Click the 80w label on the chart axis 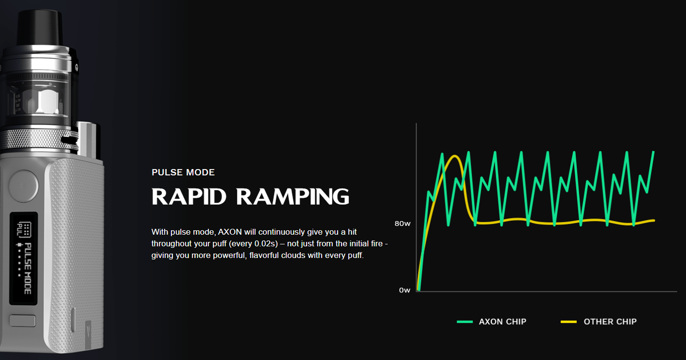pyautogui.click(x=402, y=223)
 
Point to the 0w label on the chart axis pyautogui.click(x=405, y=290)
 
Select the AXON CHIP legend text pyautogui.click(x=502, y=322)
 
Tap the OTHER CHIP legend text pyautogui.click(x=610, y=322)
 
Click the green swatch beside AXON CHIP pyautogui.click(x=464, y=322)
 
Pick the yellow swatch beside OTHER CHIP pyautogui.click(x=569, y=322)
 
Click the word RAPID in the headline pyautogui.click(x=189, y=197)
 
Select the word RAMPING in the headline pyautogui.click(x=293, y=197)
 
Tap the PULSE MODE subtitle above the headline pyautogui.click(x=183, y=172)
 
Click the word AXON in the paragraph pyautogui.click(x=230, y=232)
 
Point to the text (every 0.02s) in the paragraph pyautogui.click(x=253, y=244)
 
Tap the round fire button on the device pyautogui.click(x=23, y=186)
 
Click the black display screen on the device pyautogui.click(x=24, y=258)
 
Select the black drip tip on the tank pyautogui.click(x=40, y=28)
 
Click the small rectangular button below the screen pyautogui.click(x=23, y=321)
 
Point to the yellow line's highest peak pyautogui.click(x=455, y=156)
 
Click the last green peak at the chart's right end pyautogui.click(x=653, y=152)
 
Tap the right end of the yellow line pyautogui.click(x=654, y=221)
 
